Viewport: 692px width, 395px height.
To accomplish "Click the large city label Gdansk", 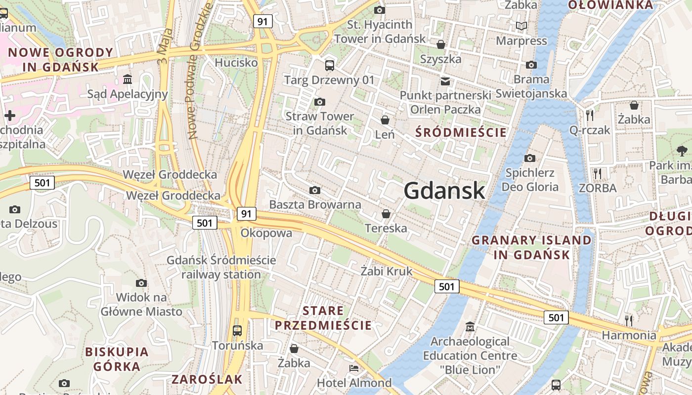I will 444,191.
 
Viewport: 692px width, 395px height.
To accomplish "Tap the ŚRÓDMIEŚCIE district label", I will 461,132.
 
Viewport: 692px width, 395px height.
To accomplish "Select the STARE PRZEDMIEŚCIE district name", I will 323,318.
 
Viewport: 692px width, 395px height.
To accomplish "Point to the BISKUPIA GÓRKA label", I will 117,359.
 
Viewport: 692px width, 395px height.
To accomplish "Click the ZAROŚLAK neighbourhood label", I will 207,379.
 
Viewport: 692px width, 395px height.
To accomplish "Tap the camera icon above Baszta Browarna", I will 314,190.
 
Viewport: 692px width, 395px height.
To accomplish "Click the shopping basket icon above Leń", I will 385,120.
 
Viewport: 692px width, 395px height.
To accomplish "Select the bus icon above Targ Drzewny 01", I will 329,65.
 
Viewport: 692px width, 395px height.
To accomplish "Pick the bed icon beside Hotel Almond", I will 353,368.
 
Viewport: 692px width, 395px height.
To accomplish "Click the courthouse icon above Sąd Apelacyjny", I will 128,79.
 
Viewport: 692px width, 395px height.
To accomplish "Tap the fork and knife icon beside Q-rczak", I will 589,116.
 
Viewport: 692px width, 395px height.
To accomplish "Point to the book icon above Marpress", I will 521,26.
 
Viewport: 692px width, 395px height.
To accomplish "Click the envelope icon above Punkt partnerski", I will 445,80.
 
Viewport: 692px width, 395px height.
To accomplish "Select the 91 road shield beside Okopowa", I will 247,214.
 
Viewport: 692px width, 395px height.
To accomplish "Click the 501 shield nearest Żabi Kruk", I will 446,286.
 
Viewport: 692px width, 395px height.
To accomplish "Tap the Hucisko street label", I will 236,63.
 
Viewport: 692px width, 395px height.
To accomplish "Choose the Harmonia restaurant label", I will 629,335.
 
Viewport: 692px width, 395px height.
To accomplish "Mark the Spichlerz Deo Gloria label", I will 530,180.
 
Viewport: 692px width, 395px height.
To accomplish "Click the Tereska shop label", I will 386,228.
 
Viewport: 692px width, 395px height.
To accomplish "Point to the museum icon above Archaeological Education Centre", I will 470,326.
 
